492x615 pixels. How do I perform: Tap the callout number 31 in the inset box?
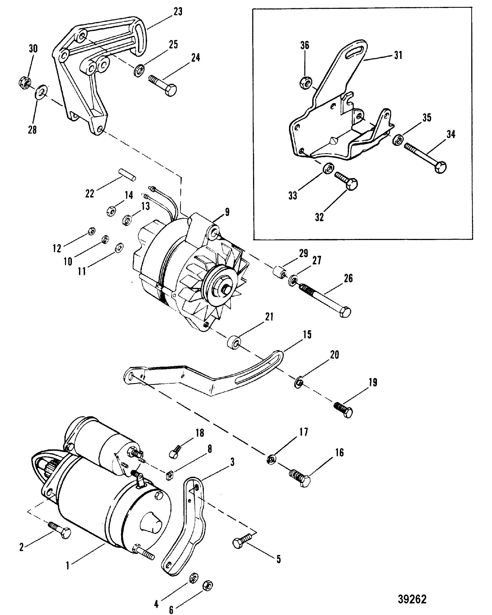point(398,55)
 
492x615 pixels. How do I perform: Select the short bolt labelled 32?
point(346,180)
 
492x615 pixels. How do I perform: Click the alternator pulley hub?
point(225,289)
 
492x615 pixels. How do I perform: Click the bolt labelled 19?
point(344,410)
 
